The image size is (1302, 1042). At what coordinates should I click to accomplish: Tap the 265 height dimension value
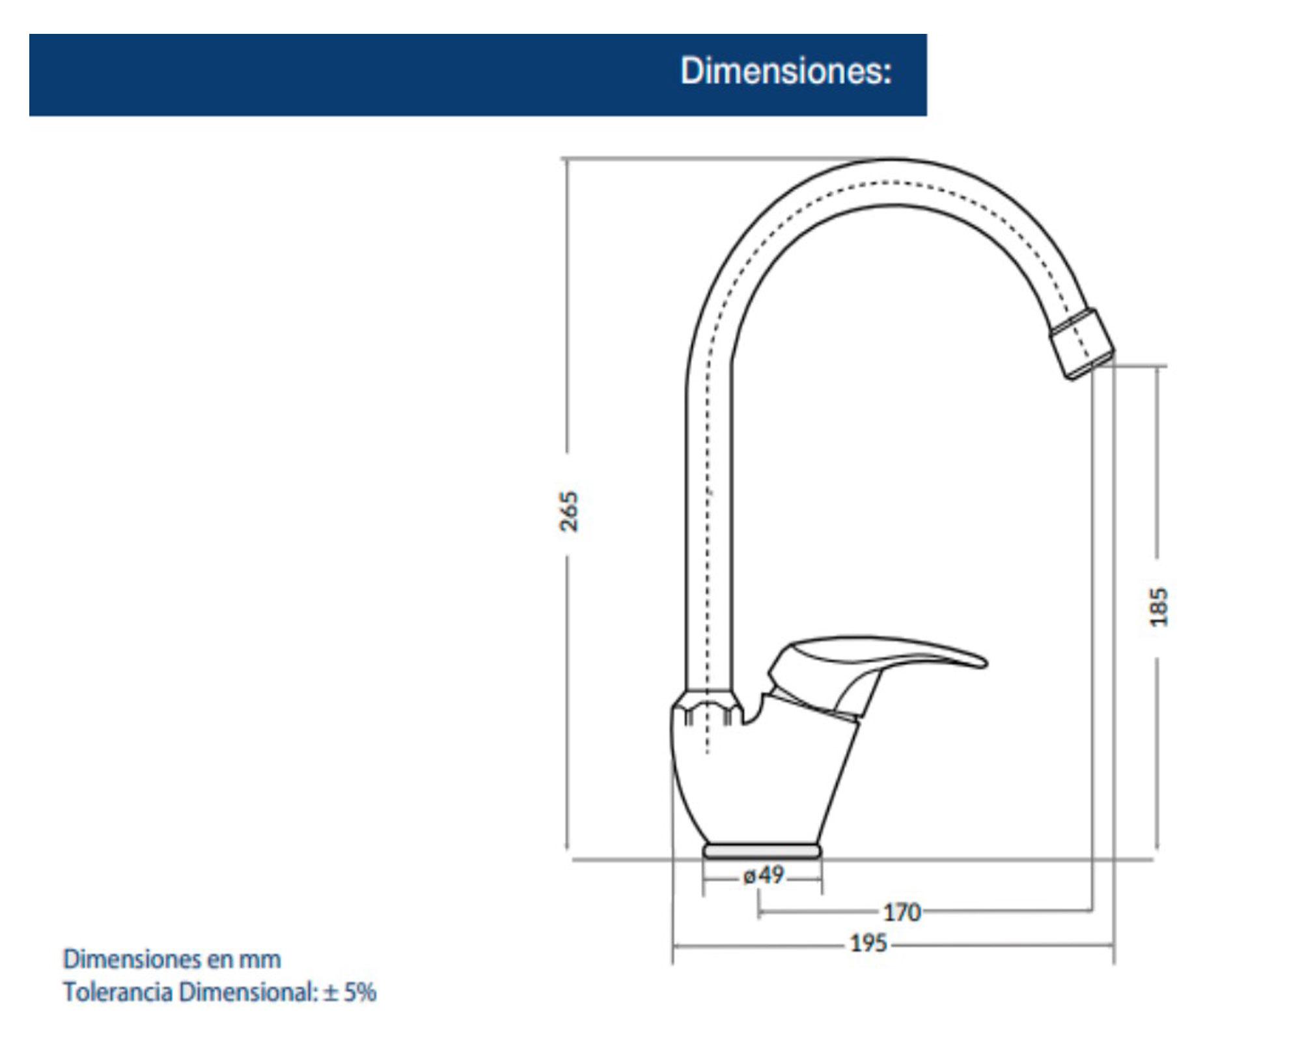tap(569, 511)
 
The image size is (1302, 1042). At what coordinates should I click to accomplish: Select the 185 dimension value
tap(1159, 607)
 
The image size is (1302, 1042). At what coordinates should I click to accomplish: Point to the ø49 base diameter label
tap(764, 875)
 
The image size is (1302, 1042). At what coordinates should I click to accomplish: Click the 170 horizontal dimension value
tap(902, 912)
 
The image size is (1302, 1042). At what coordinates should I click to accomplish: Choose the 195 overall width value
tap(868, 943)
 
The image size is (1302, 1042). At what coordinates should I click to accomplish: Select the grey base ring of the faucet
tap(762, 851)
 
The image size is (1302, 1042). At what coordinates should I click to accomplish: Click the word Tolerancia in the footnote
tap(117, 993)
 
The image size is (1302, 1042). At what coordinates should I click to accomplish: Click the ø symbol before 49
tap(749, 876)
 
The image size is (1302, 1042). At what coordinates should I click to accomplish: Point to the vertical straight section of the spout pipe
tap(708, 521)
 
